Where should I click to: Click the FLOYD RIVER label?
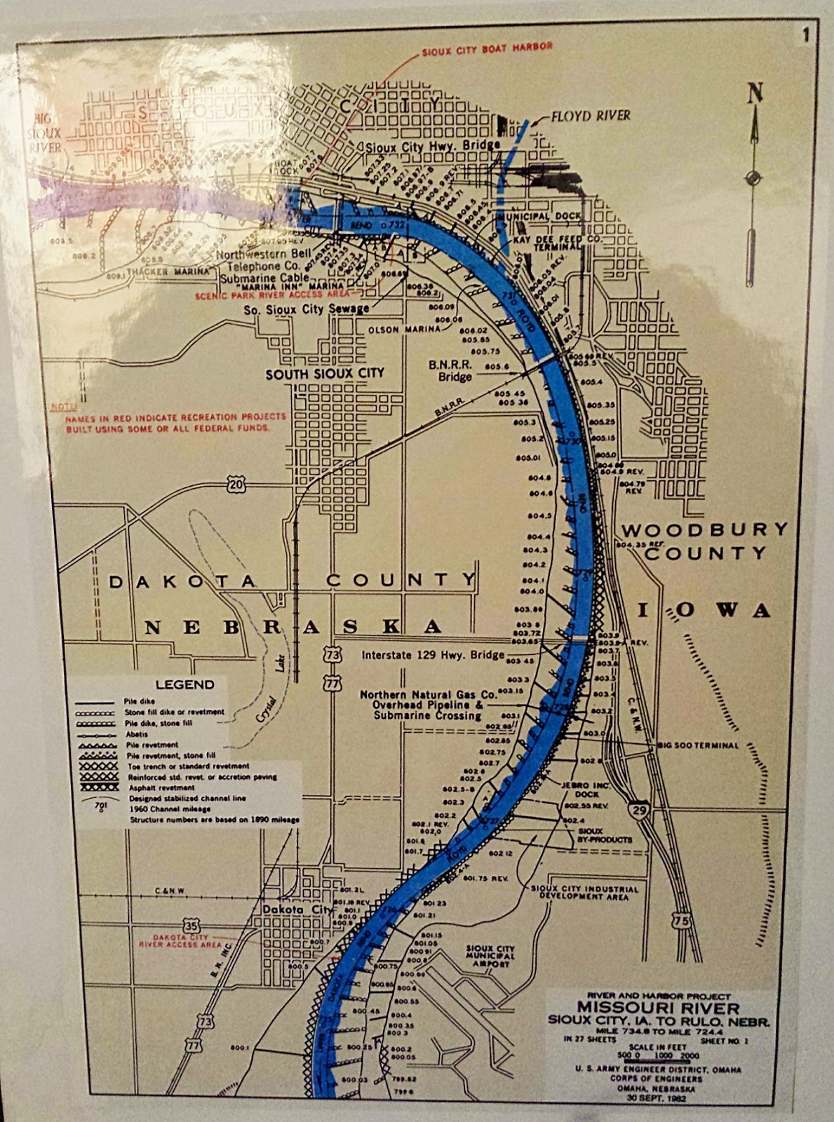tap(590, 116)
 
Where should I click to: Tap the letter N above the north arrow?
tap(755, 93)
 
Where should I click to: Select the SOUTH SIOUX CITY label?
tap(325, 374)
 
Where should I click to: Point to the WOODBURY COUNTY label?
tap(704, 541)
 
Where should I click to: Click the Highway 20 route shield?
tap(236, 484)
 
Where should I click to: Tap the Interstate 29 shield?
tap(638, 809)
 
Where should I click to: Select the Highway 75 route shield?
tap(681, 921)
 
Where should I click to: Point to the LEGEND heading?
tap(185, 684)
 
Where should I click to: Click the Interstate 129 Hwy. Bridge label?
tap(433, 655)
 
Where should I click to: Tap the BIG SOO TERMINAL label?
tap(698, 745)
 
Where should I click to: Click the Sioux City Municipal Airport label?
tap(490, 956)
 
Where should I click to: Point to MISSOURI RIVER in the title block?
tap(658, 1008)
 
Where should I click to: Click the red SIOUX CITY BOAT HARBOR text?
tap(487, 48)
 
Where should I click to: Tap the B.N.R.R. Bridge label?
tap(455, 371)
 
